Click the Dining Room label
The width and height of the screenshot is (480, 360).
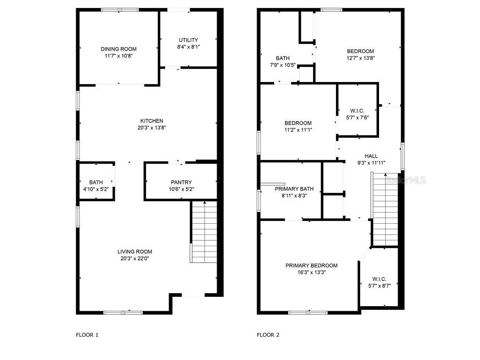[118, 49]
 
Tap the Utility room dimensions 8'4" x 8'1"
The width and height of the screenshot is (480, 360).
[188, 47]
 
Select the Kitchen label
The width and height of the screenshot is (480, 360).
[152, 121]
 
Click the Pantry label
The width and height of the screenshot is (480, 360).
[181, 182]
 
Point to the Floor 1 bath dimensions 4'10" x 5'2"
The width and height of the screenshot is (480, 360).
[96, 189]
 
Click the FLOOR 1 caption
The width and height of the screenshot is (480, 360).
[87, 334]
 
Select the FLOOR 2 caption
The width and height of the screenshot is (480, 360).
[268, 334]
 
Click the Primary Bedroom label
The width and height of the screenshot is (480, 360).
[311, 265]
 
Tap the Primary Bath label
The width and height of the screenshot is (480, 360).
[292, 189]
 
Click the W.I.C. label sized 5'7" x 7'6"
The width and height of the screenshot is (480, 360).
[357, 111]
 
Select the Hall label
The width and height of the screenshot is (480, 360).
[371, 156]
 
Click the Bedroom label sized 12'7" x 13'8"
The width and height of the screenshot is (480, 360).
[360, 51]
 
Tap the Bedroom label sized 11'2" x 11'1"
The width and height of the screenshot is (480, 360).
[298, 123]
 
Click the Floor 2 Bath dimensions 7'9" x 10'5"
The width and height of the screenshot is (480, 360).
[283, 65]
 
